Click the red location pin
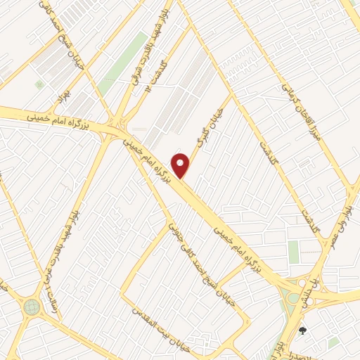coord(181,166)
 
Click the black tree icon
coord(303,330)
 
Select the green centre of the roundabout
coord(31,307)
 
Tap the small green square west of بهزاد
coord(39,85)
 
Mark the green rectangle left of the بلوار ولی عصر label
coord(293,252)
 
